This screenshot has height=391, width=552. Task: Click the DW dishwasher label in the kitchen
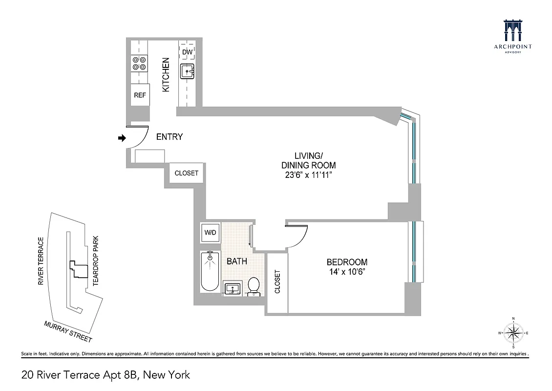tap(188, 52)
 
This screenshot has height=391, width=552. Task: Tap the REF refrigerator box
tap(140, 95)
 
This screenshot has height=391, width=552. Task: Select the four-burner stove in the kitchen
tap(140, 64)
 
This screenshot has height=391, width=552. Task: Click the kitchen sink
tap(188, 72)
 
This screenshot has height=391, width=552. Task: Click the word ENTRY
tap(169, 137)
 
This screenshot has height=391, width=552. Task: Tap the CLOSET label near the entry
tap(187, 173)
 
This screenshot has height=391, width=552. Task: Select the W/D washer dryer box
tap(211, 232)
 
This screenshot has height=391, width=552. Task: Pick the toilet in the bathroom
tap(254, 286)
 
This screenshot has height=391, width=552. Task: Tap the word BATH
tap(236, 261)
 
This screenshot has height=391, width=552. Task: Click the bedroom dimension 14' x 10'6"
tap(347, 272)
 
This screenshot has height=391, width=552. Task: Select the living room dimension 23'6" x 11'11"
tap(308, 175)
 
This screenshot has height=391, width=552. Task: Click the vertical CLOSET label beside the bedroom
tap(277, 282)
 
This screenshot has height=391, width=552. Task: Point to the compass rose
tap(513, 334)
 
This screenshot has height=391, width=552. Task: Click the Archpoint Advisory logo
tap(513, 37)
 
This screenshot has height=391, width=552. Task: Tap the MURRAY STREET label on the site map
tap(68, 332)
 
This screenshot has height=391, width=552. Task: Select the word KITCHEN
tap(166, 75)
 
